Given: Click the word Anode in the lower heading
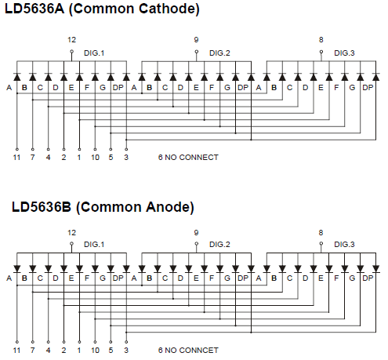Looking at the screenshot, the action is click(167, 207).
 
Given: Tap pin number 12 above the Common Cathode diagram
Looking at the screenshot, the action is click(71, 40).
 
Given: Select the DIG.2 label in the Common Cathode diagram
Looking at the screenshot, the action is click(219, 53).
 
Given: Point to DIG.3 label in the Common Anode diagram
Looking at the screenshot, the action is click(344, 245).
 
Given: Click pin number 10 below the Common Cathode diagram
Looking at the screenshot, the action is click(95, 158).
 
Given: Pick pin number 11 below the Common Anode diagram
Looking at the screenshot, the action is click(16, 351).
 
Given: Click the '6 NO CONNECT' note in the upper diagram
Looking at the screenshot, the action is click(188, 158).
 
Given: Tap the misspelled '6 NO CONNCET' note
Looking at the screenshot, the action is click(188, 351).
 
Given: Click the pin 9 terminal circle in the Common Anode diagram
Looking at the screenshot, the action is click(197, 244).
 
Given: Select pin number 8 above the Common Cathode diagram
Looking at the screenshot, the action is click(321, 40).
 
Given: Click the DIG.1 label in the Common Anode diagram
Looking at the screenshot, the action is click(94, 245).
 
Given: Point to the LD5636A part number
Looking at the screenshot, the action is click(34, 9).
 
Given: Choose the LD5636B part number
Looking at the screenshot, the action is click(42, 207).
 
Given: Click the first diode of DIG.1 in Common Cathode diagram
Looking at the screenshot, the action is click(17, 77).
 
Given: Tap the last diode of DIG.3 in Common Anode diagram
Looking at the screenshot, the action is click(376, 268).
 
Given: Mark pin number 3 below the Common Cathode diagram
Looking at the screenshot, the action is click(126, 158).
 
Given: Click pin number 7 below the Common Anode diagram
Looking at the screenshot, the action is click(32, 351).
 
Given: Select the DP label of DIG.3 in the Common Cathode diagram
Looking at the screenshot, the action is click(368, 88).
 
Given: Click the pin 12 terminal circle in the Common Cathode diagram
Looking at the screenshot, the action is click(72, 52).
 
